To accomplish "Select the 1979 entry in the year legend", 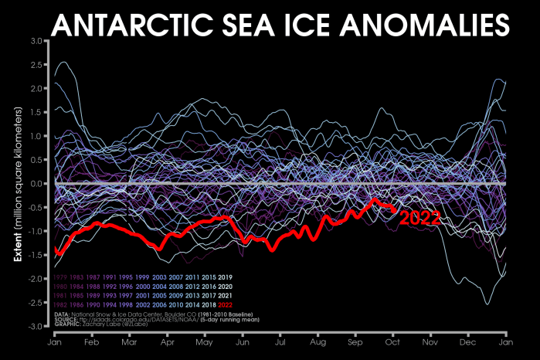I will coord(63,276).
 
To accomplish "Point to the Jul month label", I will coord(280,341).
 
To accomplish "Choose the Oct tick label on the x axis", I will coord(393,341).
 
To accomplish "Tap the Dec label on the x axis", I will coord(469,341).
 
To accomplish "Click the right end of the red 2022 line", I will coord(396,209).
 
